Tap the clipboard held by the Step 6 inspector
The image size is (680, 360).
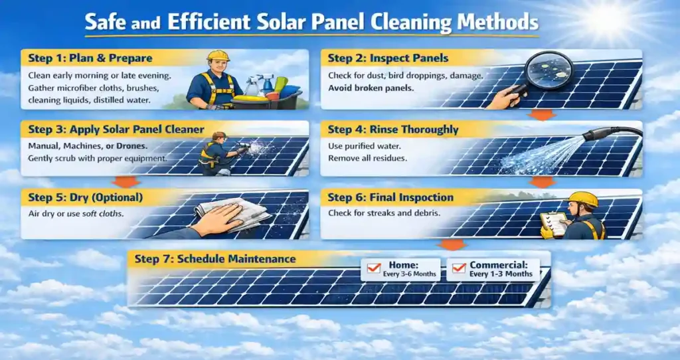556,223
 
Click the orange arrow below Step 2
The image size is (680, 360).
543,115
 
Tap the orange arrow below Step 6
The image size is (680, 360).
453,244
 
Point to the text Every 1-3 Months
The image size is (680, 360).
501,274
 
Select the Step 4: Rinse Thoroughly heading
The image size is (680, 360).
393,130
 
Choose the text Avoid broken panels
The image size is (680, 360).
369,87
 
